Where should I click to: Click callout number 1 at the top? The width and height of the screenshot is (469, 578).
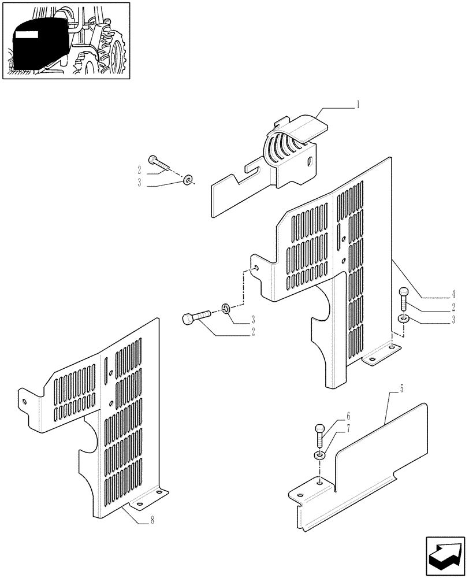(358, 105)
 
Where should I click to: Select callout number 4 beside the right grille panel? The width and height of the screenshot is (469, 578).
(454, 294)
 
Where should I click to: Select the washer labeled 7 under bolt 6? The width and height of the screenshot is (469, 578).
(319, 456)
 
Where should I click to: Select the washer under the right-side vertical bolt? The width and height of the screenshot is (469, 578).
(403, 318)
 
